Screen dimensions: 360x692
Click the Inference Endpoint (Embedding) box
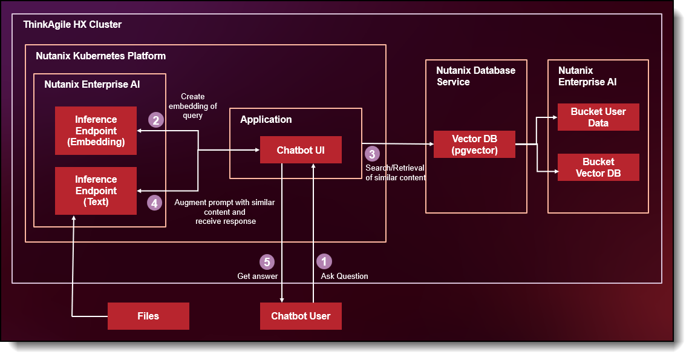[96, 131]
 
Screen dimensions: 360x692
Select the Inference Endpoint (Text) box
[96, 191]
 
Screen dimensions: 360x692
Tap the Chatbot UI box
[301, 149]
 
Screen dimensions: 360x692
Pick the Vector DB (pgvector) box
[474, 145]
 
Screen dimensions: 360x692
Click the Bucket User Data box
[598, 117]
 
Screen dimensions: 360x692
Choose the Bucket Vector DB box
[598, 168]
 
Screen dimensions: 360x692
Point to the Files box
[148, 316]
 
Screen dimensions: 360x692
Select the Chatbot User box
[301, 316]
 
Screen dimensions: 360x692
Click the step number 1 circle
[324, 261]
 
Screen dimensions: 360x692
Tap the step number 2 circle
[155, 120]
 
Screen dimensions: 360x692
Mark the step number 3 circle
[373, 153]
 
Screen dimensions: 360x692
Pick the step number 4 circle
[155, 203]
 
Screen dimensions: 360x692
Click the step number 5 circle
[267, 261]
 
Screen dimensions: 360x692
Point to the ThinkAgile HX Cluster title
[73, 25]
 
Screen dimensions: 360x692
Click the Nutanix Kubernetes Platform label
[100, 56]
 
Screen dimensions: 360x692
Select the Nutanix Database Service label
[475, 76]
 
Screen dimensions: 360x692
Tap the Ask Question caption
[344, 276]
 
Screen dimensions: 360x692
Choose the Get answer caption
[258, 276]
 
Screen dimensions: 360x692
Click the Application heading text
[266, 119]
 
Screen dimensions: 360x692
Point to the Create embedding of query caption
[193, 106]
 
